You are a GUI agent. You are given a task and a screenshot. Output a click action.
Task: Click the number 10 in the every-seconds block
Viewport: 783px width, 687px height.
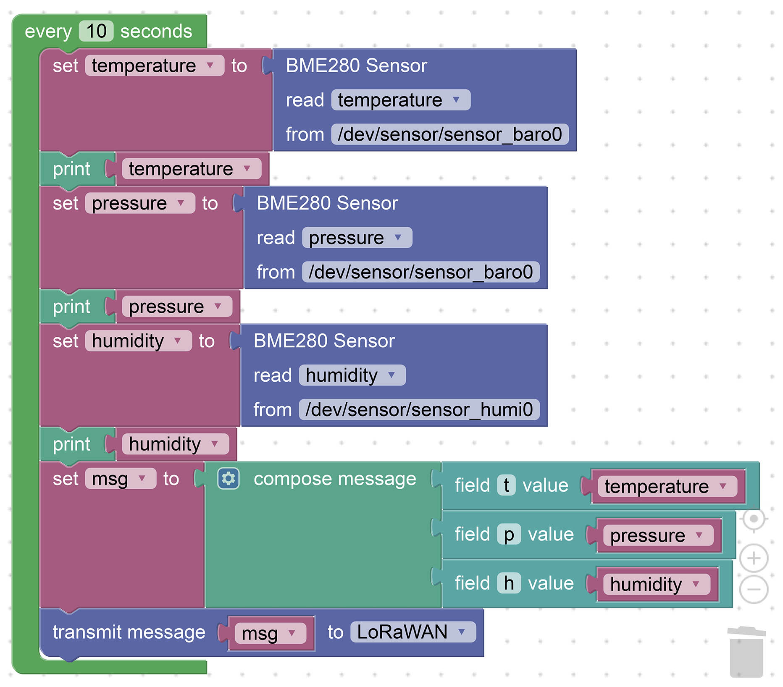pyautogui.click(x=96, y=31)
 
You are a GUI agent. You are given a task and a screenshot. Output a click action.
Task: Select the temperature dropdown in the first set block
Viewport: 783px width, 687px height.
pyautogui.click(x=154, y=66)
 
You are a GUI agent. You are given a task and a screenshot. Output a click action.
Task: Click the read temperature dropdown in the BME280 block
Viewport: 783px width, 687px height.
pyautogui.click(x=400, y=100)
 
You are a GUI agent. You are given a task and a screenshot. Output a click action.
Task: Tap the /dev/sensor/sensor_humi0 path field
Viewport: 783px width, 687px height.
pyautogui.click(x=419, y=410)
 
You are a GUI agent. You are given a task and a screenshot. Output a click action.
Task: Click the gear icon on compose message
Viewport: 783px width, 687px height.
pyautogui.click(x=229, y=479)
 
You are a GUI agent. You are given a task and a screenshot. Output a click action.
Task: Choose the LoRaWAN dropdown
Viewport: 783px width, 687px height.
pyautogui.click(x=412, y=632)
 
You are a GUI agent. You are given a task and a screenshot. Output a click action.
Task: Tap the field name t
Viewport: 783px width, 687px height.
pyautogui.click(x=506, y=486)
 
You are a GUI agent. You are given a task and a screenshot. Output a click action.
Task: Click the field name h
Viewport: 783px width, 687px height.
pyautogui.click(x=509, y=584)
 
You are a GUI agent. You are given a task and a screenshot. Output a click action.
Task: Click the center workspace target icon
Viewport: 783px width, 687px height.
pyautogui.click(x=754, y=519)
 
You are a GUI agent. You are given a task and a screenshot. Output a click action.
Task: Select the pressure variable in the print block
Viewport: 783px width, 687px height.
pyautogui.click(x=176, y=307)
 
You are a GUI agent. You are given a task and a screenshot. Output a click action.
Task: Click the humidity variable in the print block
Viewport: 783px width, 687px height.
pyautogui.click(x=175, y=444)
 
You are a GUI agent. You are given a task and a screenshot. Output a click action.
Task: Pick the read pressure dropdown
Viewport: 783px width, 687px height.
pyautogui.click(x=357, y=238)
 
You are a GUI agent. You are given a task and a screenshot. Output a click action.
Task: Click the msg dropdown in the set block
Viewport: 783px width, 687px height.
pyautogui.click(x=120, y=479)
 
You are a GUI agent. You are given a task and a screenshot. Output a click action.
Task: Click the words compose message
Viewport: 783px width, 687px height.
pyautogui.click(x=334, y=479)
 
